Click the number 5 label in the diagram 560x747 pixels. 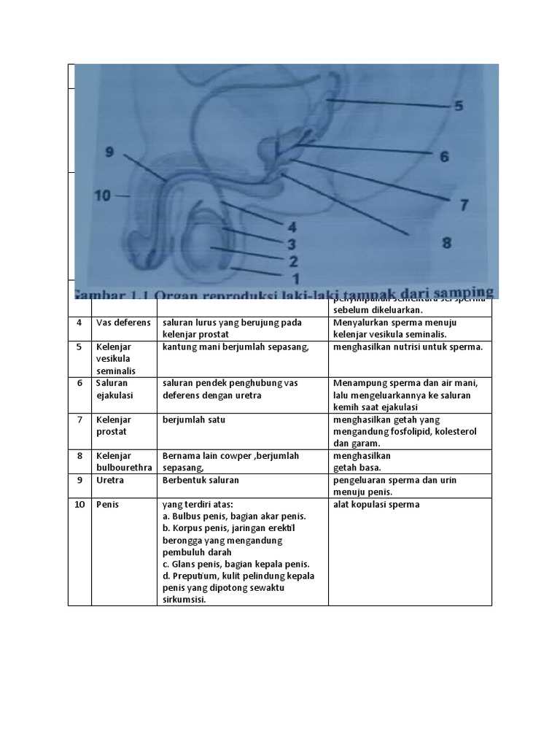point(458,106)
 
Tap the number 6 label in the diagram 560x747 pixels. point(444,156)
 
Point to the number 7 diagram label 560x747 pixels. point(464,205)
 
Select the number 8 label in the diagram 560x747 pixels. point(446,243)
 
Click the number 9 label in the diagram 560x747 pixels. point(109,152)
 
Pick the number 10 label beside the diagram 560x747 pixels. point(102,196)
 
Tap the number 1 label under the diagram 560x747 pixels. point(295,278)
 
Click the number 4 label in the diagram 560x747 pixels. point(292,227)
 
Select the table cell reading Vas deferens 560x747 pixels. point(123,322)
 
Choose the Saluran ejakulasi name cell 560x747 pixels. point(114,389)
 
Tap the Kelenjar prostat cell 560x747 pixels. point(112,425)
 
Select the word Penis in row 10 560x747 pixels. point(107,504)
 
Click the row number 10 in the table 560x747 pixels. point(79,504)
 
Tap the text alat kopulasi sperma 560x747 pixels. point(376,504)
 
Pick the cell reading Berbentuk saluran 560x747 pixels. point(201,481)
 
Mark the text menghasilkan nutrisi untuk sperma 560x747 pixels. point(408,347)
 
